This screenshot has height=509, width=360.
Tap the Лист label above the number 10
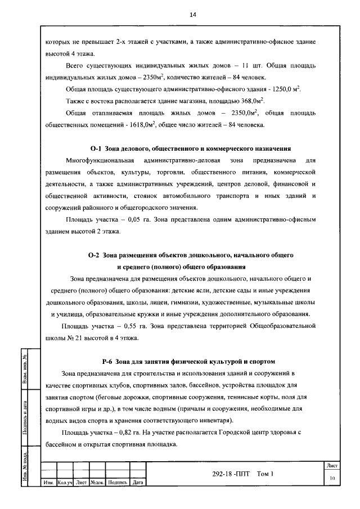(x=332, y=466)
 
